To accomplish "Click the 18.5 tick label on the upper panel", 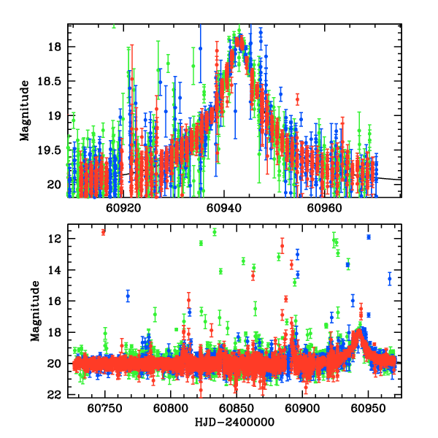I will pos(51,82).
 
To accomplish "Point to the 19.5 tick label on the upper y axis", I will pos(51,150).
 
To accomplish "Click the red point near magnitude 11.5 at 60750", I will pos(104,231).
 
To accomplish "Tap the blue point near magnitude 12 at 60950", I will pos(369,237).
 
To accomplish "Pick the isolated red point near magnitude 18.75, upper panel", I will pos(297,99).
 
